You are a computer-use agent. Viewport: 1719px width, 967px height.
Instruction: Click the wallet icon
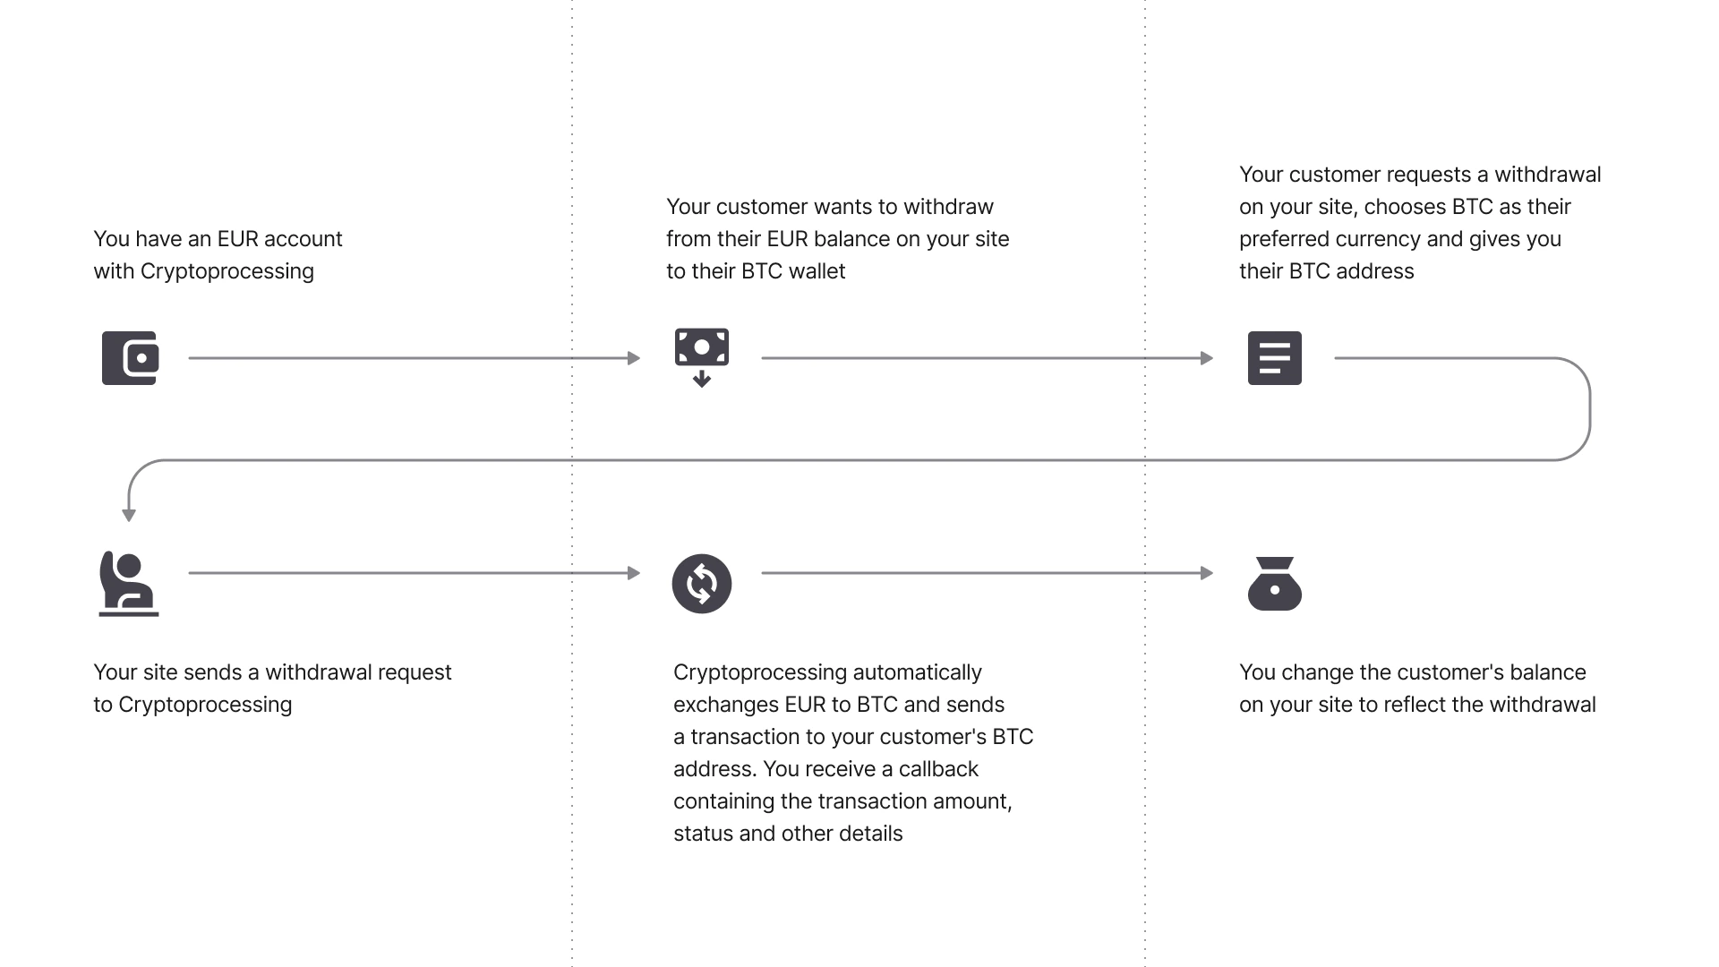coord(131,358)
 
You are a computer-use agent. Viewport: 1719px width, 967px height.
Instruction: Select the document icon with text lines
coord(1275,358)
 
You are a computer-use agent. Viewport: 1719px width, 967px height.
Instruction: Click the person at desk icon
coord(129,584)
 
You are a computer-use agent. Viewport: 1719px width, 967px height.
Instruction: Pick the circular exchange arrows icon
coord(702,584)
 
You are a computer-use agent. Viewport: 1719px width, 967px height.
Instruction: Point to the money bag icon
coord(1275,584)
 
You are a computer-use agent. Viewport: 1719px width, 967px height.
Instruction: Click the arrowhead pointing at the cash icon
coord(634,358)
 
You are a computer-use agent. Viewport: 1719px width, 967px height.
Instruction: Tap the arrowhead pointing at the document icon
coord(1207,358)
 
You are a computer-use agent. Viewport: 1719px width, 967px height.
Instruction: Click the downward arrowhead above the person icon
coord(129,516)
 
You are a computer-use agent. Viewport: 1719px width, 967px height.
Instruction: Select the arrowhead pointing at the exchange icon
coord(634,573)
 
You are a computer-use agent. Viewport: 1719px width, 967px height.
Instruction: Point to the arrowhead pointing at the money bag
coord(1207,573)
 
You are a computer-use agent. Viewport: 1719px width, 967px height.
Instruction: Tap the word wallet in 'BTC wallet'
coord(817,271)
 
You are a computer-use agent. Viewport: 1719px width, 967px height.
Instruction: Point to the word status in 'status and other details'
coord(704,834)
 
